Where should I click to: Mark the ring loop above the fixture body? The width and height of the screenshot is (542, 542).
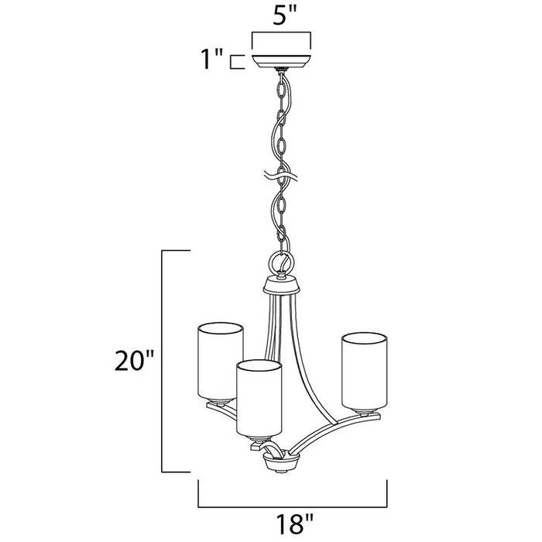[x=281, y=263]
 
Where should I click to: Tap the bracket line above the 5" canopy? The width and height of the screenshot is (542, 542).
[x=281, y=33]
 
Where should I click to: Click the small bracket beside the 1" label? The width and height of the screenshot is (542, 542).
[x=240, y=60]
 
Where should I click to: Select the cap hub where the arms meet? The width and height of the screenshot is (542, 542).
[x=281, y=286]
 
